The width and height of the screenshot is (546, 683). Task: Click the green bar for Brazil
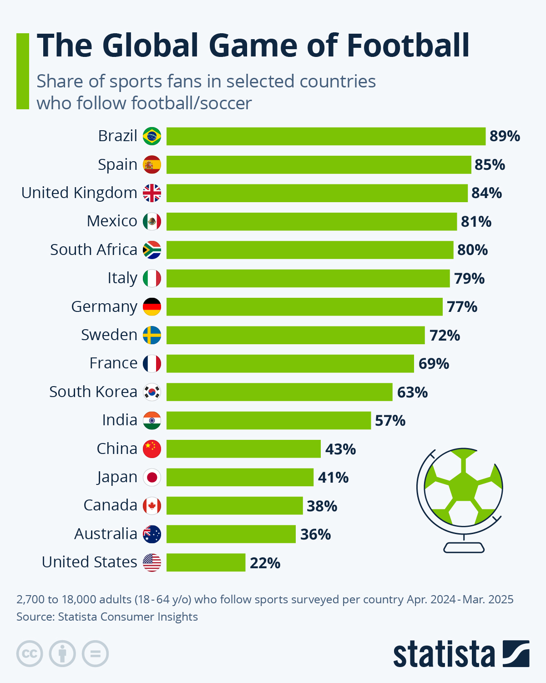tap(326, 136)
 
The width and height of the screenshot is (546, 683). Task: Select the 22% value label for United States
tap(265, 563)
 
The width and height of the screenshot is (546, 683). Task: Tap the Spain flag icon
tap(152, 165)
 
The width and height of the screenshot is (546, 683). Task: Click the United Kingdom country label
tap(79, 193)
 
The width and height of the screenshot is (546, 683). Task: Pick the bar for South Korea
tap(279, 392)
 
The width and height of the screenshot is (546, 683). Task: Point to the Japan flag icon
tap(152, 477)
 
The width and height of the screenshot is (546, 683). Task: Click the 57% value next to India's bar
tap(390, 421)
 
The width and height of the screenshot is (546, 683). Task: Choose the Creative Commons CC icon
tap(30, 654)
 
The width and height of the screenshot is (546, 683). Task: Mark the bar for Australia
tap(231, 534)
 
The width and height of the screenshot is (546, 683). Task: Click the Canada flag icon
tap(152, 506)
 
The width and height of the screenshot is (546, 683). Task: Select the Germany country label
tap(104, 307)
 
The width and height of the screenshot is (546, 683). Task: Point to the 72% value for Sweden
tap(445, 336)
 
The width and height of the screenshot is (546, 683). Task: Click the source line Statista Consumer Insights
tap(107, 617)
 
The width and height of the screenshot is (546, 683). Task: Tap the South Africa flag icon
tap(152, 250)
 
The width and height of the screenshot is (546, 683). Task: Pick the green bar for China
tap(243, 449)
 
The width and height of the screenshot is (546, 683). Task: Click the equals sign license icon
tap(95, 654)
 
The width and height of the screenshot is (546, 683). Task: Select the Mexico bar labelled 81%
tap(312, 222)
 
